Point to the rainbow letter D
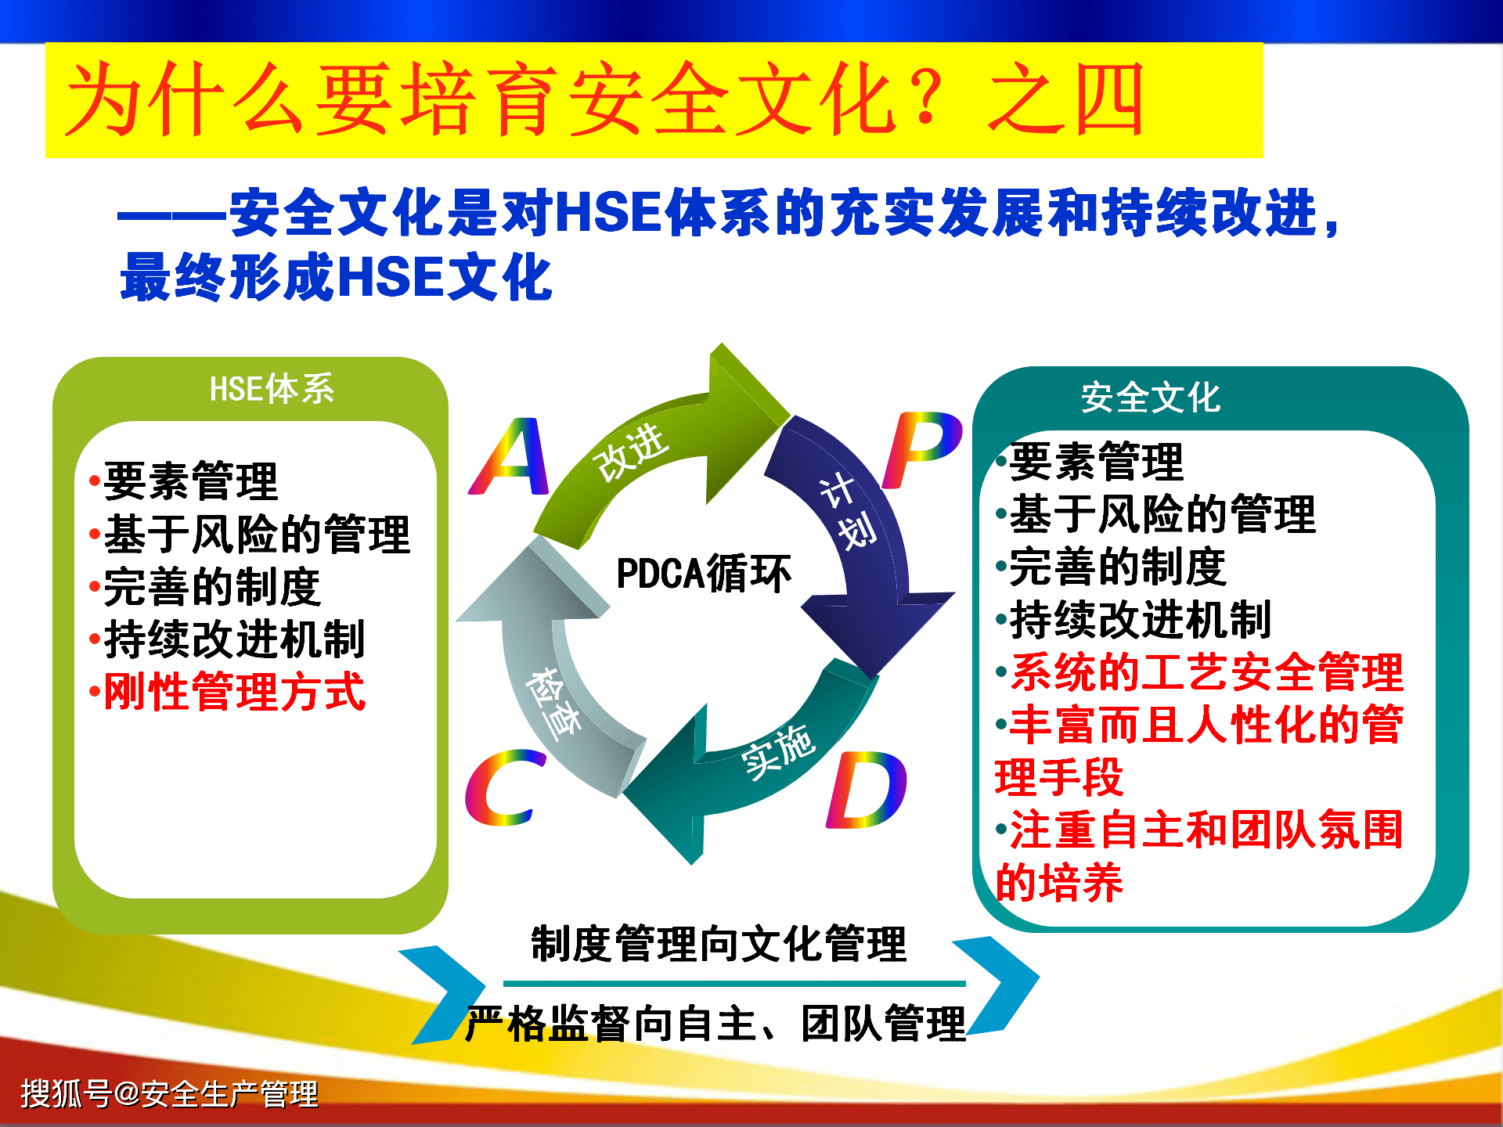(867, 790)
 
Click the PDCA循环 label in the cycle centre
(704, 573)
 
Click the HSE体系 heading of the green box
(272, 388)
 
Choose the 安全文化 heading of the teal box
(1150, 397)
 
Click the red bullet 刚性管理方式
(234, 691)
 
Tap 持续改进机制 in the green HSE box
(234, 639)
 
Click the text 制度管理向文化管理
(719, 943)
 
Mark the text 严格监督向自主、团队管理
(715, 1023)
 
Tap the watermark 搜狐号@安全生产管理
(169, 1093)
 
